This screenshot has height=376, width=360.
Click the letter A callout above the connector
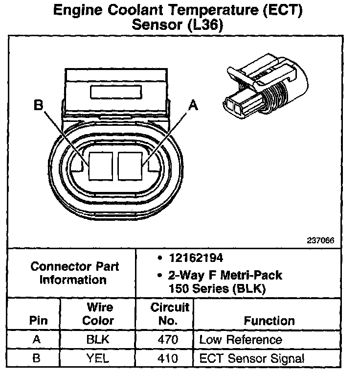pos(194,105)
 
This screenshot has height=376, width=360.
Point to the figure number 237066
pos(320,241)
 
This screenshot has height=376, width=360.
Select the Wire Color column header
pos(100,314)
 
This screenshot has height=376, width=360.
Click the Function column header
pos(269,321)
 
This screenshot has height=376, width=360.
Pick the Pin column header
pos(39,321)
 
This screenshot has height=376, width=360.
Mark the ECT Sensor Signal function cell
pos(251,358)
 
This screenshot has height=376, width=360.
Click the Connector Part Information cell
pos(74,273)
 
